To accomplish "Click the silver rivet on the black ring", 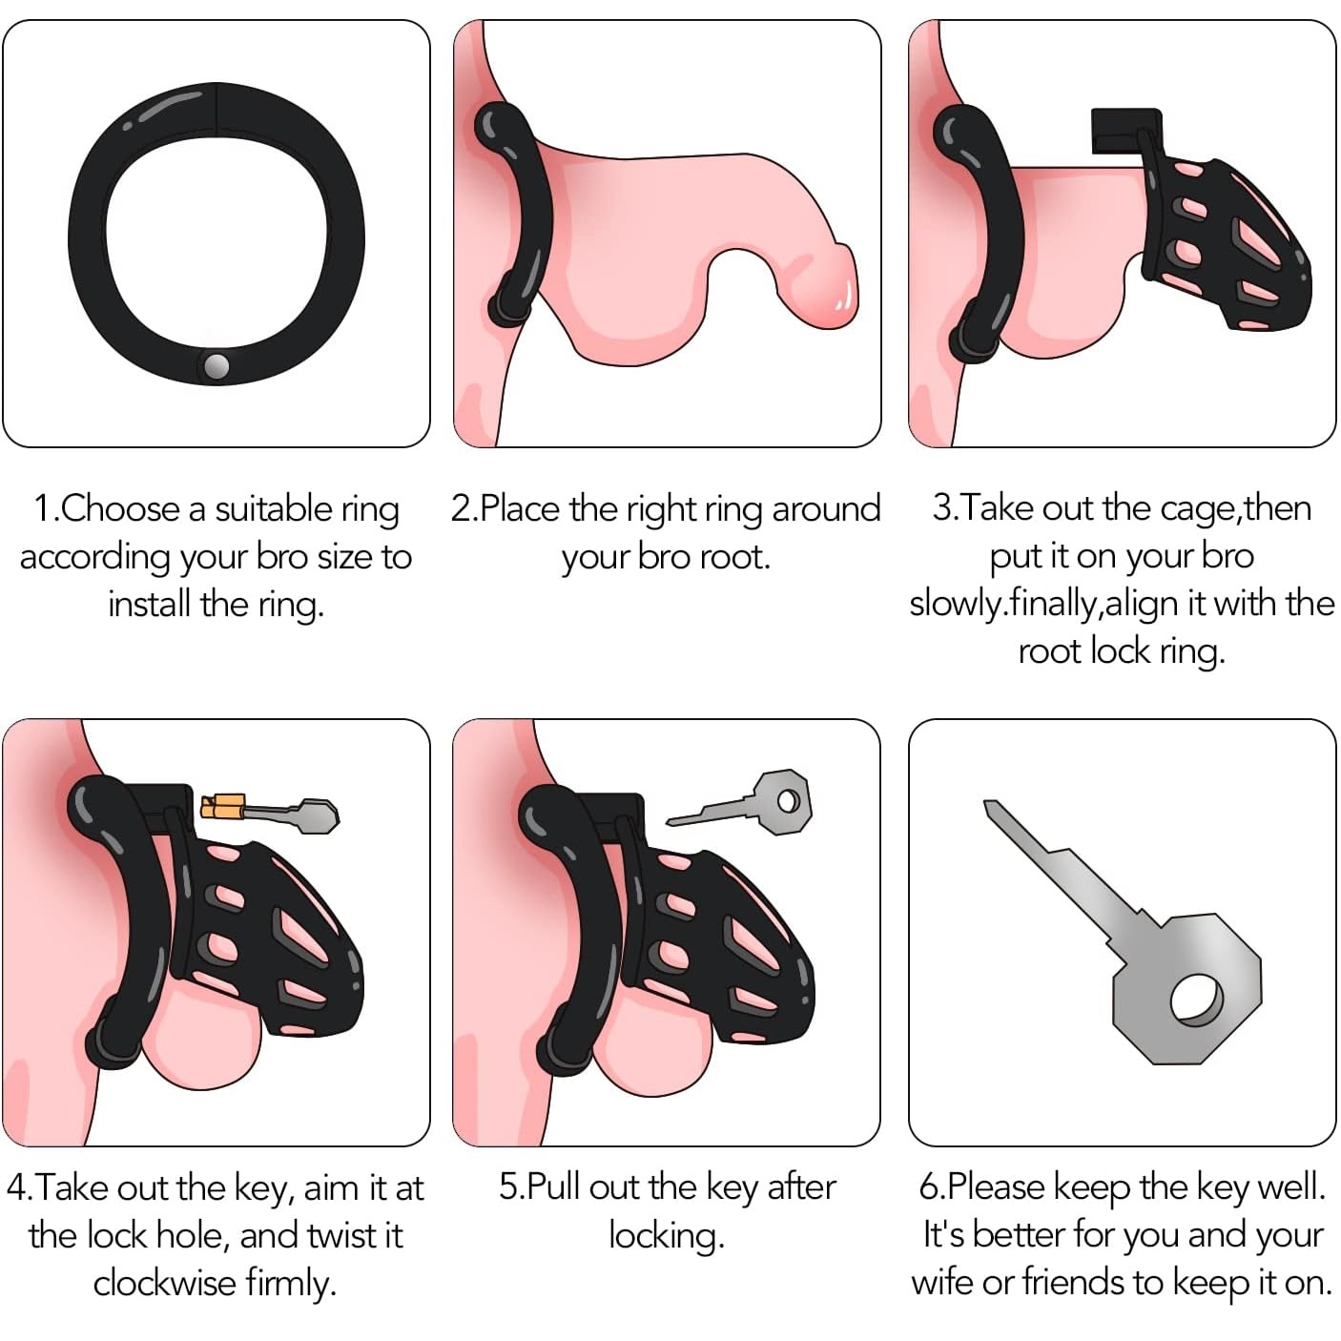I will [217, 366].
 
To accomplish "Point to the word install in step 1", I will [151, 604].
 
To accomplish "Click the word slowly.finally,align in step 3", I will [1043, 604].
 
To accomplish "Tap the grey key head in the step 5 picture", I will [783, 801].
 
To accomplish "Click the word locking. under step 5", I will [667, 1235].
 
